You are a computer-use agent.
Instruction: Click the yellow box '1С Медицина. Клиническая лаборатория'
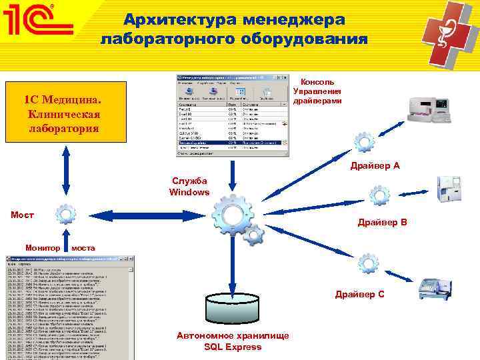(x=65, y=113)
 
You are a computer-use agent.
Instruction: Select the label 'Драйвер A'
(x=375, y=165)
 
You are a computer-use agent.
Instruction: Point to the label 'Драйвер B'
(x=382, y=222)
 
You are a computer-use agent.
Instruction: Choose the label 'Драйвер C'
(x=359, y=294)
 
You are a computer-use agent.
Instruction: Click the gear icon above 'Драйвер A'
(x=365, y=141)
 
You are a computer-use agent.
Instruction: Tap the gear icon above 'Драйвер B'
(x=379, y=195)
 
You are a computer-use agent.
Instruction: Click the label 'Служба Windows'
(x=189, y=187)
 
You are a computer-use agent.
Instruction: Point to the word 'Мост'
(x=23, y=215)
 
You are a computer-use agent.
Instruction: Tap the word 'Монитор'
(x=42, y=247)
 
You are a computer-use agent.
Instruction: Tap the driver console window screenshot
(x=233, y=115)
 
